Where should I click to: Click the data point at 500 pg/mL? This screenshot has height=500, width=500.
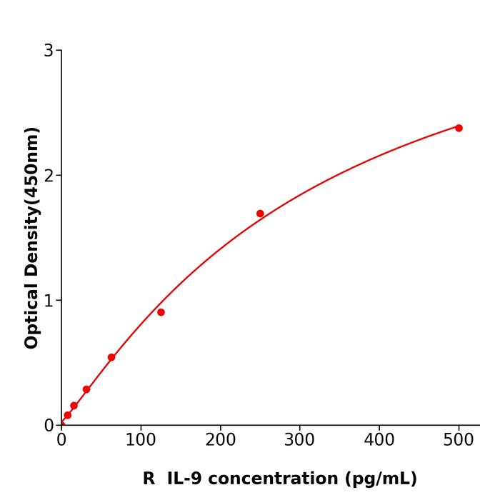click(x=459, y=128)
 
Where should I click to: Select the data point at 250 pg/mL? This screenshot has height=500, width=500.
click(x=260, y=214)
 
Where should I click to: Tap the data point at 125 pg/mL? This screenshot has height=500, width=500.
click(x=161, y=312)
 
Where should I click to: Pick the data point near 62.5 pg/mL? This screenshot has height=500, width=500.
click(x=111, y=357)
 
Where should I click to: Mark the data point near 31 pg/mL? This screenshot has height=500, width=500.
click(x=86, y=389)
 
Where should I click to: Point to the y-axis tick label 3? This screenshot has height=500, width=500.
click(x=49, y=51)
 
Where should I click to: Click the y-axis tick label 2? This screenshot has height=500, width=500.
click(x=49, y=176)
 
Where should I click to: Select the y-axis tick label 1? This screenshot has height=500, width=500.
click(x=49, y=301)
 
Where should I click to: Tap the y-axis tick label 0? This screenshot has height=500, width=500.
click(x=49, y=426)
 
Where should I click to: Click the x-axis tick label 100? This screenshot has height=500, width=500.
click(x=141, y=440)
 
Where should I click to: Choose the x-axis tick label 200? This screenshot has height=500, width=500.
click(x=220, y=440)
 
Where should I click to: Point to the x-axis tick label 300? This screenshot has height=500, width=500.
click(x=299, y=440)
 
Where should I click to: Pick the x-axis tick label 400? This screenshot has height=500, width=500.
click(x=379, y=440)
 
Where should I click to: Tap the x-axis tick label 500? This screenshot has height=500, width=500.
click(x=459, y=440)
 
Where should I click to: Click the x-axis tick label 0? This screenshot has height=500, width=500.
click(x=61, y=440)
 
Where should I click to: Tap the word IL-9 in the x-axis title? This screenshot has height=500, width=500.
click(x=185, y=479)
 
